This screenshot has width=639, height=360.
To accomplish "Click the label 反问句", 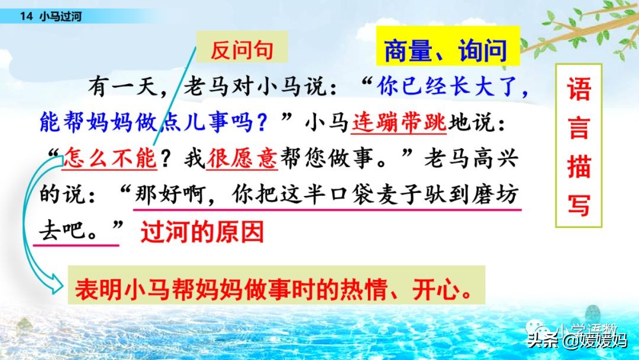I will [x=242, y=50].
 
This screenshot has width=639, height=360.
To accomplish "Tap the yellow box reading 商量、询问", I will [x=446, y=50].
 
